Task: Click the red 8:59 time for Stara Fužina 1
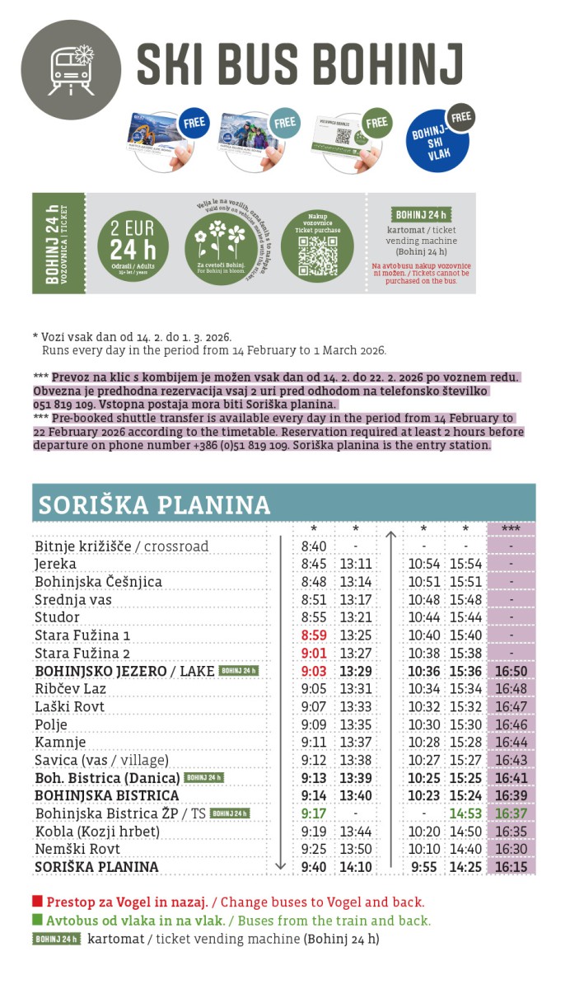314,635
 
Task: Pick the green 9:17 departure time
314,813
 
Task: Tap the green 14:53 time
465,813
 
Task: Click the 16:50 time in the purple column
511,671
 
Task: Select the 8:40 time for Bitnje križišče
314,546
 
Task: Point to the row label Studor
57,617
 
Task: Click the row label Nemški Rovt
77,849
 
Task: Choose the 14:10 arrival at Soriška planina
356,867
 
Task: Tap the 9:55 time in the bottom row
424,867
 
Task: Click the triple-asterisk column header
511,529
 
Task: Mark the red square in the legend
37,902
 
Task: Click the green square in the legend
37,920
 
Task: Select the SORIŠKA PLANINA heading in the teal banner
154,504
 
